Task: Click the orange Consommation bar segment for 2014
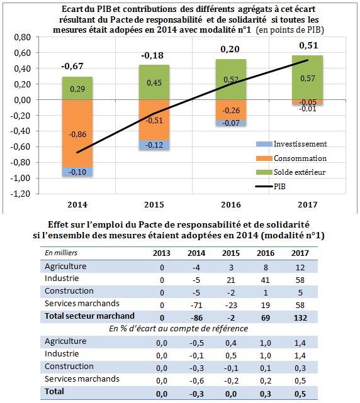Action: click(x=77, y=134)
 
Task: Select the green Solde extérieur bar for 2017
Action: click(x=308, y=77)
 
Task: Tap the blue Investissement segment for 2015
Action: click(x=154, y=145)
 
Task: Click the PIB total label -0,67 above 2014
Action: click(x=72, y=66)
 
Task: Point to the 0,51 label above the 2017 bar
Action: click(x=308, y=45)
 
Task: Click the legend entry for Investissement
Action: click(x=291, y=144)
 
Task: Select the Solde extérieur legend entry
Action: click(x=291, y=172)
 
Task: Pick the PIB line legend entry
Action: click(x=271, y=186)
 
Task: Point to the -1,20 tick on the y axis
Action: click(x=21, y=194)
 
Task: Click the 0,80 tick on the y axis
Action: click(x=23, y=37)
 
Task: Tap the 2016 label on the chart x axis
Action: click(x=231, y=204)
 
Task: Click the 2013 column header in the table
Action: click(x=162, y=253)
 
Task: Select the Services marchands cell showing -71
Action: click(x=196, y=305)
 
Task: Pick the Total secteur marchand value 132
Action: click(x=300, y=317)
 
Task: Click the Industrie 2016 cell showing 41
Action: click(x=266, y=280)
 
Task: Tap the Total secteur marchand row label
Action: click(x=89, y=316)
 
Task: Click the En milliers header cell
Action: click(x=61, y=253)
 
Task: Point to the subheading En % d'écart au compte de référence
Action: click(x=178, y=328)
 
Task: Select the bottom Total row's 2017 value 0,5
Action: click(x=300, y=394)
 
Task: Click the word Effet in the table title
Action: click(x=59, y=224)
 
